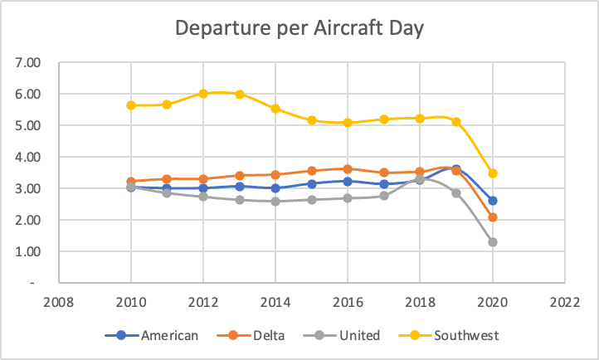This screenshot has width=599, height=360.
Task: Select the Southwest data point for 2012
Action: coord(203,94)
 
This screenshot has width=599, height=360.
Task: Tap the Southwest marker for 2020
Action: coord(493,173)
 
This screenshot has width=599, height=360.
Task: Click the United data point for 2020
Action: coord(493,242)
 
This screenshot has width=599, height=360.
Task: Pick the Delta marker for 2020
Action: coord(493,217)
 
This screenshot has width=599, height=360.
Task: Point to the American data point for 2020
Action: coord(493,201)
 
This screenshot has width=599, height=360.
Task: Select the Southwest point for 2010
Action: coord(131,105)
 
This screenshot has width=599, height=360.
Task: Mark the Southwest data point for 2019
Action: coord(456,122)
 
